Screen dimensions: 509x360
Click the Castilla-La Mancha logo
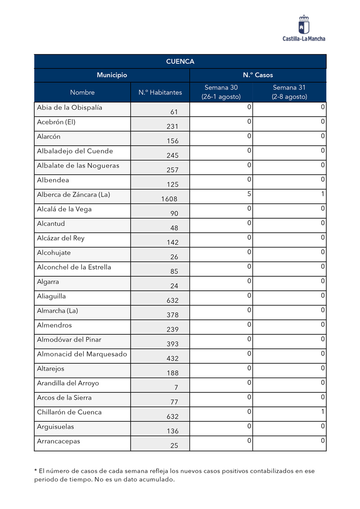pos(304,28)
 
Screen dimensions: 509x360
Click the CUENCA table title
pos(180,62)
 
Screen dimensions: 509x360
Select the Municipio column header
pos(112,75)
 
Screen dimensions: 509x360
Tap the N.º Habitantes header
pos(160,92)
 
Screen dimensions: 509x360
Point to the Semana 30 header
pos(221,92)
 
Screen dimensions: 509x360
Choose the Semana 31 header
pos(289,92)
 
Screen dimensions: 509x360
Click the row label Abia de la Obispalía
pos(70,108)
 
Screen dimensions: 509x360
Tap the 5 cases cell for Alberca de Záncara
pos(248,194)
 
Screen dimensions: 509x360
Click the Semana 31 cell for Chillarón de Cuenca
pos(323,412)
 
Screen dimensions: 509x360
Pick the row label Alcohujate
pos(54,252)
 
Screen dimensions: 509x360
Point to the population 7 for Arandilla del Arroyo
pos(176,387)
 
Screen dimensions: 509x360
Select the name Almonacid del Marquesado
pos(82,354)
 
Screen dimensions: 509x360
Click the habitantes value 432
pos(172,359)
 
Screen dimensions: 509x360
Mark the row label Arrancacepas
pos(58,441)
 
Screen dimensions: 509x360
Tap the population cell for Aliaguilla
pos(172,301)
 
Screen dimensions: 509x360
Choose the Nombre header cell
pos(82,92)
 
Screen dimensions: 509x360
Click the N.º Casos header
pos(258,75)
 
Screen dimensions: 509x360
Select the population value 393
pos(172,344)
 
